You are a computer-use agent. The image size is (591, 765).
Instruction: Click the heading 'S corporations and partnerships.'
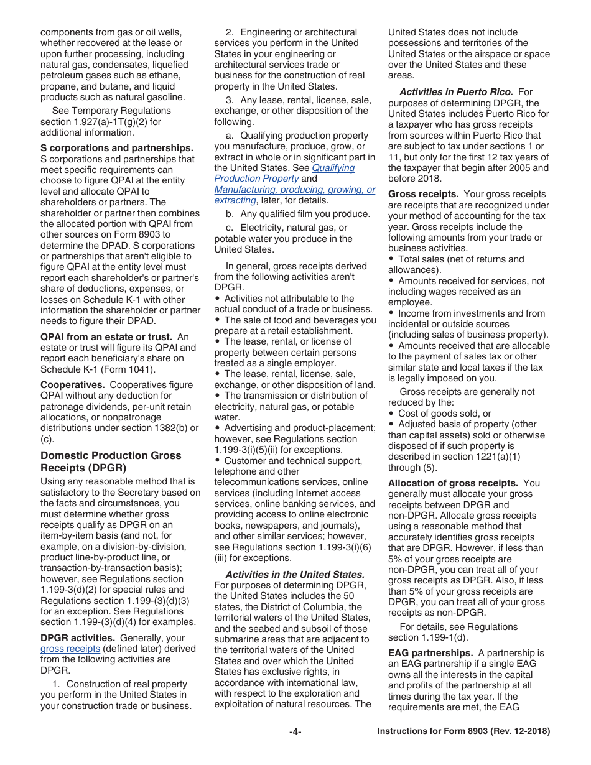[x=117, y=148]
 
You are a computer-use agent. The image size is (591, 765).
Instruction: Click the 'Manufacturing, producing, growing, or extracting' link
[x=295, y=190]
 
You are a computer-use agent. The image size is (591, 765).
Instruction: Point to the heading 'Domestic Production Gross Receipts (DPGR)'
[x=111, y=461]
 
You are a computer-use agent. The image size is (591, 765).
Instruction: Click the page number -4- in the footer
[x=295, y=732]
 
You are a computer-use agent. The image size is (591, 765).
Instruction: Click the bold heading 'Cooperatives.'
[x=72, y=385]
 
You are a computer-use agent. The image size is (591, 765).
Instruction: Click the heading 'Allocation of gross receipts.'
[x=453, y=483]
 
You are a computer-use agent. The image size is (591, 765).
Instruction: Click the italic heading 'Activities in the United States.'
[x=295, y=575]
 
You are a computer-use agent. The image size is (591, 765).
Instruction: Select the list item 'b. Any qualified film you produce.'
[x=297, y=214]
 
